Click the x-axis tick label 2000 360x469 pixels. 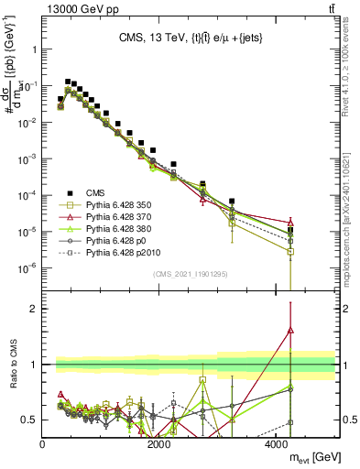(x=159, y=444)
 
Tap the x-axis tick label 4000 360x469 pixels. (x=277, y=444)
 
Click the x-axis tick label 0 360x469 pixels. (x=43, y=444)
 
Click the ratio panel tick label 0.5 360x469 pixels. (x=29, y=420)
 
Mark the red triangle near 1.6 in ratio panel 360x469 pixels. (x=290, y=330)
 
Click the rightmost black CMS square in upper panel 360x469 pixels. (x=290, y=230)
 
